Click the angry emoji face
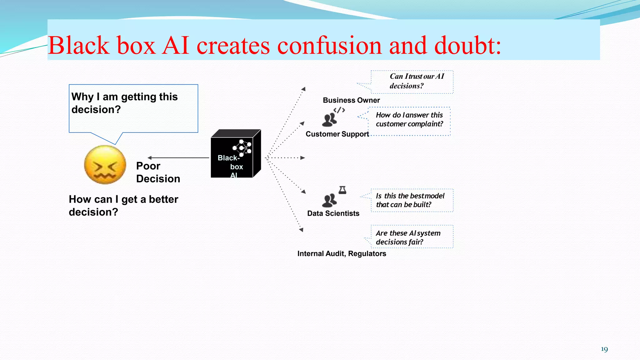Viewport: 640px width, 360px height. coord(105,165)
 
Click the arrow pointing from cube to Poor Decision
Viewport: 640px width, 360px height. coord(178,158)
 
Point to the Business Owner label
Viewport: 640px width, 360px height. coord(351,100)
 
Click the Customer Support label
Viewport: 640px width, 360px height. coord(337,134)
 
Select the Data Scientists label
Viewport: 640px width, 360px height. coord(333,213)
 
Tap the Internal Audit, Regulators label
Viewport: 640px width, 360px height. coord(342,253)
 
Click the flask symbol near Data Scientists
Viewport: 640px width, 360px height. coord(342,190)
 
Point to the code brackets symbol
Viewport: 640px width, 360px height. coord(339,110)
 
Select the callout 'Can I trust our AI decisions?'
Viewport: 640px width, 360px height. coord(412,82)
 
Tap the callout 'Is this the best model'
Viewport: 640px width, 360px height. coord(412,200)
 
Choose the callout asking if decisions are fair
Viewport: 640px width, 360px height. coord(412,237)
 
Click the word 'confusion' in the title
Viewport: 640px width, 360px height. coord(329,46)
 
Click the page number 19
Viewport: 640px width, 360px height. coord(604,349)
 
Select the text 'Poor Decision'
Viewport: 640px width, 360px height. coord(158,172)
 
